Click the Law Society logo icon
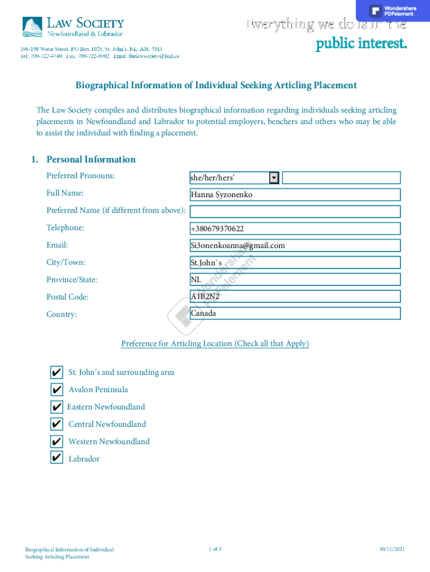32,26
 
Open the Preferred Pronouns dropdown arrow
274,178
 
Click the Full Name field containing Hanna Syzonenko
295,194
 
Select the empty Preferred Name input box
295,212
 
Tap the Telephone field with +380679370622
295,228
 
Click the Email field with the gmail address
295,245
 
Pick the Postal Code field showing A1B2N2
295,297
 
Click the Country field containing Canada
295,313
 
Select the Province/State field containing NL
295,279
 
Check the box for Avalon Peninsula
56,389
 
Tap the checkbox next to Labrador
56,458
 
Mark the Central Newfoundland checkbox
56,424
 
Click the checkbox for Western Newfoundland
56,441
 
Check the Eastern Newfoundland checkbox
56,407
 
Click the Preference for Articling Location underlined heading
215,344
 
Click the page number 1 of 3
214,550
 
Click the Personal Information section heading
90,160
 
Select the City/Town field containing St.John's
295,263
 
